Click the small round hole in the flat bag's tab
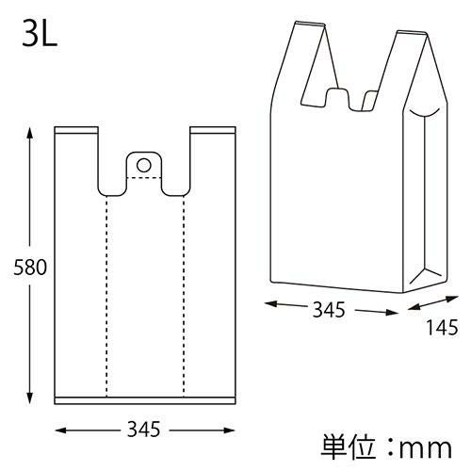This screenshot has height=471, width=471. (x=143, y=165)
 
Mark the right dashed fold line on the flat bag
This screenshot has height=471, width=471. (x=184, y=292)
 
